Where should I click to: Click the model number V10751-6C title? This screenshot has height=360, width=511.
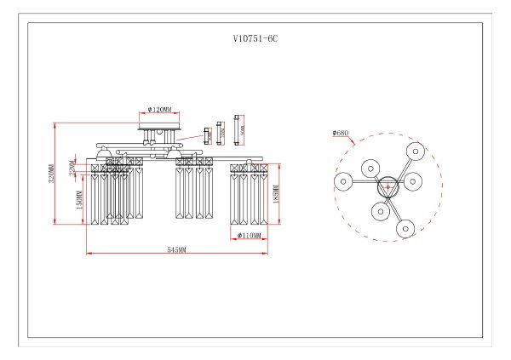[x=255, y=39]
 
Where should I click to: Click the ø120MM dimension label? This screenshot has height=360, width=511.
[x=159, y=110]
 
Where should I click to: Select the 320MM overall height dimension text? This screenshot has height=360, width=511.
[x=51, y=174]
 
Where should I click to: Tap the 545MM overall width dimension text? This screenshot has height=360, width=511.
[x=176, y=251]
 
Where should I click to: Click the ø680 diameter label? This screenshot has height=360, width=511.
[x=341, y=133]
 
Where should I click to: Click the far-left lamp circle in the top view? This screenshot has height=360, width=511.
[x=342, y=181]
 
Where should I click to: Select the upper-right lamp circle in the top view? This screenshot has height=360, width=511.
[x=416, y=150]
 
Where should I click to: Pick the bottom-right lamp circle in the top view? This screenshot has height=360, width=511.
[x=405, y=227]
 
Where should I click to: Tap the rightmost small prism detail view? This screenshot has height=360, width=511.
[x=240, y=129]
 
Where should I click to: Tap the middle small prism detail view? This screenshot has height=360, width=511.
[x=222, y=131]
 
